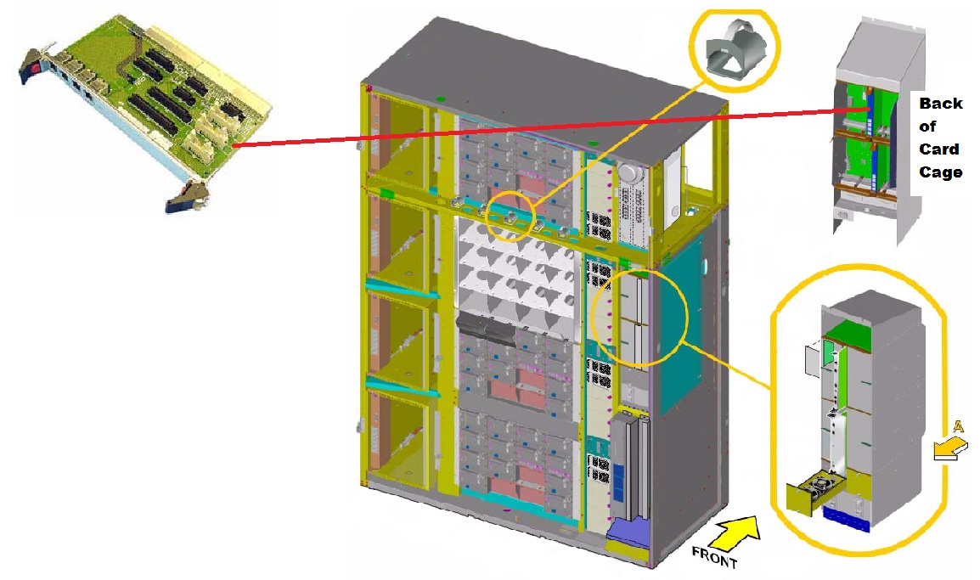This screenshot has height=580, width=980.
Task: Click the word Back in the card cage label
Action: pyautogui.click(x=941, y=104)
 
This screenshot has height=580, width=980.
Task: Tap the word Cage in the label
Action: pyautogui.click(x=941, y=172)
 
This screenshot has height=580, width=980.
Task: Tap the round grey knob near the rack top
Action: pyautogui.click(x=629, y=172)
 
